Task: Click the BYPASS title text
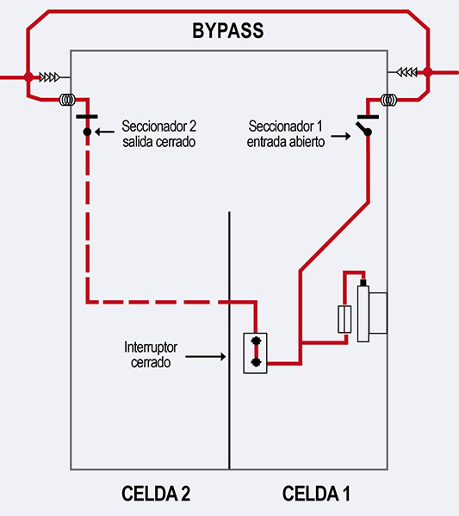tap(227, 33)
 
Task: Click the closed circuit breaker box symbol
tap(255, 352)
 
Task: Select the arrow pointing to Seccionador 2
tap(105, 132)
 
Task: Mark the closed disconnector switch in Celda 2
tap(87, 125)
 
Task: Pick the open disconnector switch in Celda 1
tap(367, 125)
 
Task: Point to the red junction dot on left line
tap(28, 77)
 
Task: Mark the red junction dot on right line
tap(428, 72)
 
